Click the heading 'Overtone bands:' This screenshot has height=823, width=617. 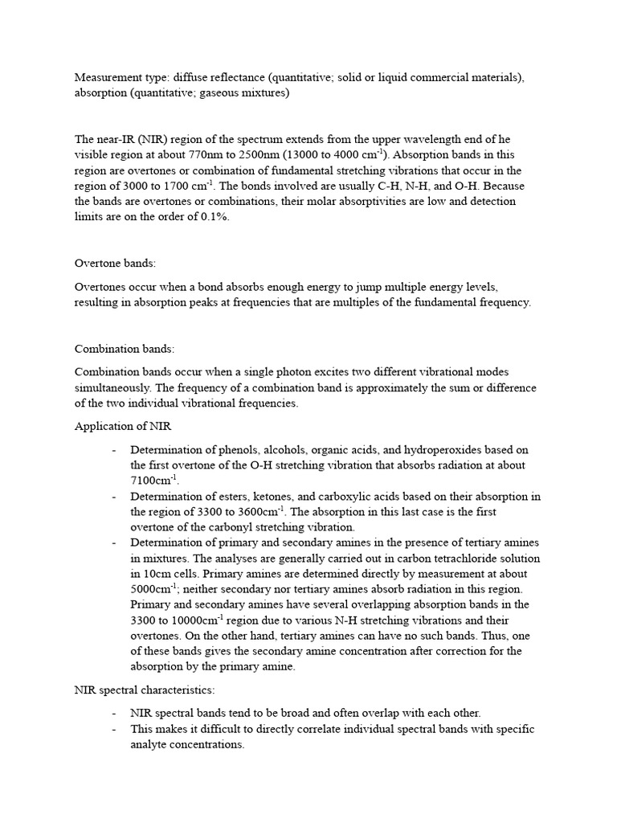coord(114,264)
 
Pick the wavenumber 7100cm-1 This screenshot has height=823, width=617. coord(153,480)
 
